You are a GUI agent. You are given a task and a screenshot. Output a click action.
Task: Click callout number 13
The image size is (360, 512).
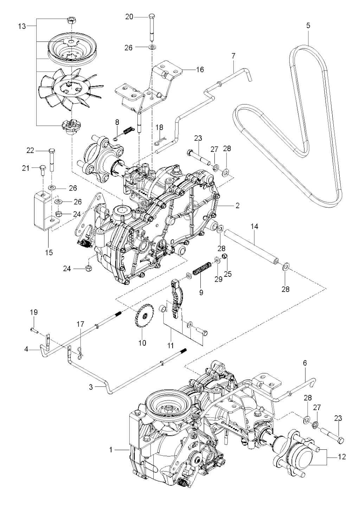(x=22, y=26)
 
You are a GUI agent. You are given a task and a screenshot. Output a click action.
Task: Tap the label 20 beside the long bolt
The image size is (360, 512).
(x=129, y=17)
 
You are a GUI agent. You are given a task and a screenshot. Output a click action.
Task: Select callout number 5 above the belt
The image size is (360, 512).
(x=308, y=25)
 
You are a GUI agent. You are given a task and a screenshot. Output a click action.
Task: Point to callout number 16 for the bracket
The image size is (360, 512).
(x=200, y=69)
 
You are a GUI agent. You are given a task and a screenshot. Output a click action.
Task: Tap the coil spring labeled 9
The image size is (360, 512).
(x=201, y=269)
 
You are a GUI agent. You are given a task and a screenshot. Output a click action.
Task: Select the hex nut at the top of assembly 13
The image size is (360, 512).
(x=71, y=20)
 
